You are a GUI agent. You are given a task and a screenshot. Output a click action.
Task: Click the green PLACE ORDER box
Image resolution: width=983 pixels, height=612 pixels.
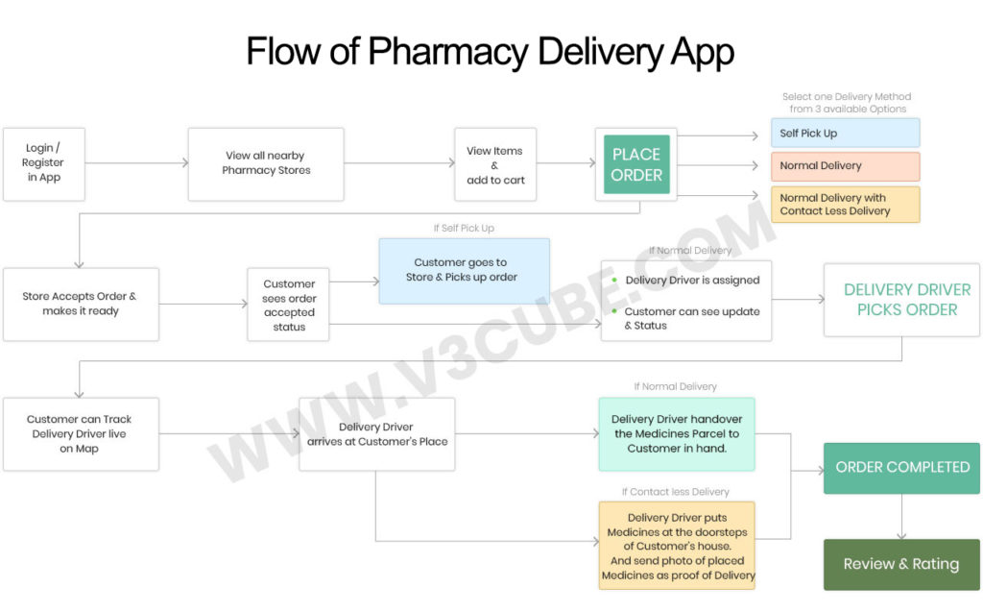(635, 164)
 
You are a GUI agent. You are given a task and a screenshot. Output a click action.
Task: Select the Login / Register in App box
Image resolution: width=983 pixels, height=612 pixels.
(44, 164)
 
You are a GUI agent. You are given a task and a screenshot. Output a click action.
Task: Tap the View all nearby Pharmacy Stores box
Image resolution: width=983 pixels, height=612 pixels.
(266, 164)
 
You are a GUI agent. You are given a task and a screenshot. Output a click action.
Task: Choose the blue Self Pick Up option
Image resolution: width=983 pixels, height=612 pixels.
(845, 133)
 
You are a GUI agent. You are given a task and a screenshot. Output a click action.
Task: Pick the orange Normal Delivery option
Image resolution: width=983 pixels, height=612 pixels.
(845, 166)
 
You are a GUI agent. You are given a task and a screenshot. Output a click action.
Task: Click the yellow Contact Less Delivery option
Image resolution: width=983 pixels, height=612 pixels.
(845, 205)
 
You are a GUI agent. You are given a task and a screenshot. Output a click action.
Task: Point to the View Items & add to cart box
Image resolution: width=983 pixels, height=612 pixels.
(495, 165)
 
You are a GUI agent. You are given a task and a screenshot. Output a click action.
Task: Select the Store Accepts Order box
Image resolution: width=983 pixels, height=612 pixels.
(81, 304)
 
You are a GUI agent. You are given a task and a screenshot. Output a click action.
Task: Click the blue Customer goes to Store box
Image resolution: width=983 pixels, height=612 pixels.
(465, 271)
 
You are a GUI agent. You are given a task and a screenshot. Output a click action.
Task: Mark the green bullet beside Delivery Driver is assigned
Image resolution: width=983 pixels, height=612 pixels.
(614, 281)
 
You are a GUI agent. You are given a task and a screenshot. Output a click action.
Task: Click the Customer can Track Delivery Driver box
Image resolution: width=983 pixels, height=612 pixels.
(81, 434)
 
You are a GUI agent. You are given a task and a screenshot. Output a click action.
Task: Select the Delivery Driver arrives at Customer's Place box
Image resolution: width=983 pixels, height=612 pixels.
(377, 434)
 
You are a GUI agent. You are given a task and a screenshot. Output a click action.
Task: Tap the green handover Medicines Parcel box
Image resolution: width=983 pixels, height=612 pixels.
(677, 434)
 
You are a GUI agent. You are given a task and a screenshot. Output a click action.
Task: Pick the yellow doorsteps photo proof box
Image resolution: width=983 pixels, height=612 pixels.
(677, 546)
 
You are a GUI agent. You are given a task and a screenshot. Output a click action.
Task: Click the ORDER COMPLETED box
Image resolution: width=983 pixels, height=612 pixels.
(901, 468)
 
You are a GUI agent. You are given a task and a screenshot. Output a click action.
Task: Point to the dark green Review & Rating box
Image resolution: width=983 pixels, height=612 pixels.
(901, 564)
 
